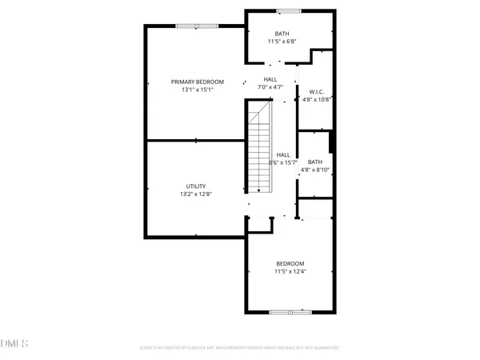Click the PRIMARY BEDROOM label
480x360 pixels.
point(197,82)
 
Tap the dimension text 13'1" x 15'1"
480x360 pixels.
point(197,90)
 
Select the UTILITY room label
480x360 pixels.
point(196,186)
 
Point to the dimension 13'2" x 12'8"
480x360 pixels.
point(196,194)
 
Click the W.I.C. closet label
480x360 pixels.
point(314,92)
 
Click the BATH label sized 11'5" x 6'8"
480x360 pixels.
point(282,34)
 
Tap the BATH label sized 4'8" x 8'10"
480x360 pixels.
point(314,162)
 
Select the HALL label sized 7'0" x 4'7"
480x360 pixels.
point(270,79)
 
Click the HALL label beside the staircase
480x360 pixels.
point(282,154)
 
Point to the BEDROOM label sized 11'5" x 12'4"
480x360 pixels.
point(290,263)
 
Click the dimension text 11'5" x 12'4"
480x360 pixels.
point(290,271)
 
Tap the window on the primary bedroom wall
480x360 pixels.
point(197,26)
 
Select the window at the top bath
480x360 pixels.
point(289,11)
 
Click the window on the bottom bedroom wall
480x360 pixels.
point(285,312)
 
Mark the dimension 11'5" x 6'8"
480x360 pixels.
point(282,42)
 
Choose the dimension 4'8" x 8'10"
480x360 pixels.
point(314,170)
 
